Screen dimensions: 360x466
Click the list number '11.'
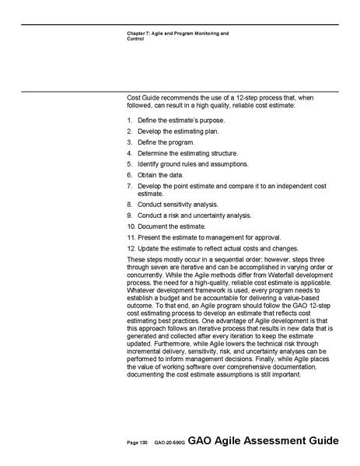click(x=131, y=237)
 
